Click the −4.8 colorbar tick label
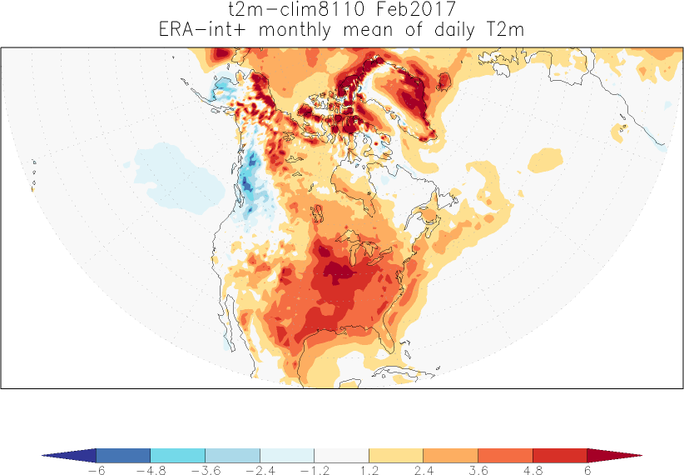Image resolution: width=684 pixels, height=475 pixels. (x=151, y=470)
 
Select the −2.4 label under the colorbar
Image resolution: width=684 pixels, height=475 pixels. (x=260, y=470)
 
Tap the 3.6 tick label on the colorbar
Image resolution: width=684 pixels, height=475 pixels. (x=478, y=470)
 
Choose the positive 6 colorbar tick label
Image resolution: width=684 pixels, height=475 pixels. (x=587, y=470)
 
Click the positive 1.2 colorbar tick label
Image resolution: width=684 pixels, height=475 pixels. (x=369, y=470)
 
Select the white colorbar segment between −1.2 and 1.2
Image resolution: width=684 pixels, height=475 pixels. (x=341, y=455)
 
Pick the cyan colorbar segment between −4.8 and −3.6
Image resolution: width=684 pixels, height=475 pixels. (x=178, y=455)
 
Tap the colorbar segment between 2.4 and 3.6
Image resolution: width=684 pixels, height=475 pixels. (x=450, y=455)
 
